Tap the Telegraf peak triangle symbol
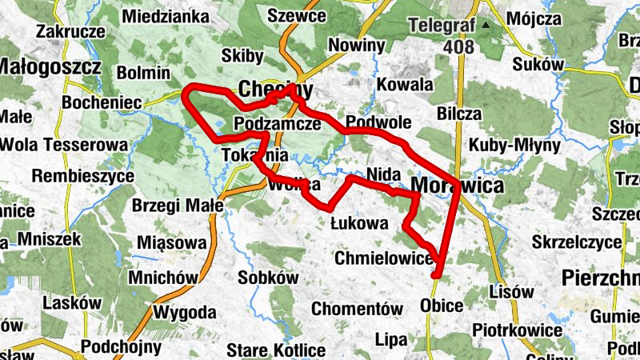[485, 25]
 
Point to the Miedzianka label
[167, 16]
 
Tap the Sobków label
[268, 278]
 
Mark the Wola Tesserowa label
[65, 145]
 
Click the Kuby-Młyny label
[507, 146]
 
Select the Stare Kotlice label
[275, 350]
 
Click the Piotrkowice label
[517, 330]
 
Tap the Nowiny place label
[357, 45]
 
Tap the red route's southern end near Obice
[436, 276]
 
